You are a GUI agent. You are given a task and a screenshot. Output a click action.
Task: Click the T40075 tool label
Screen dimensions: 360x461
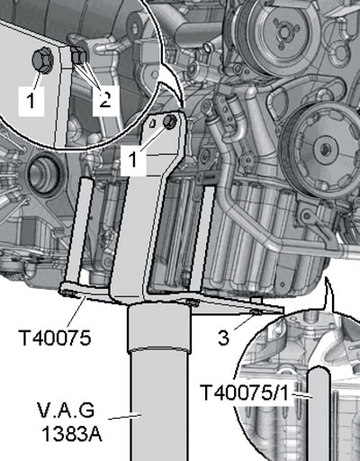(x=54, y=338)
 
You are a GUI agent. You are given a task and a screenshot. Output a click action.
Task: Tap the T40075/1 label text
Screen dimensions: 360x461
(x=245, y=393)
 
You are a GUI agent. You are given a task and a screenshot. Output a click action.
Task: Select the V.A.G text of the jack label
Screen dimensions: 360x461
(x=66, y=411)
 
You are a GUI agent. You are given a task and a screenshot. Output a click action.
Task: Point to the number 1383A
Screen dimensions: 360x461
(x=72, y=433)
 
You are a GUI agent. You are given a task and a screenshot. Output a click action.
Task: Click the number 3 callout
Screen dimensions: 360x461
(x=223, y=338)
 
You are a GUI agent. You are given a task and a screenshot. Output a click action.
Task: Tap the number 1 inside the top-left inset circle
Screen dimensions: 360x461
(x=31, y=100)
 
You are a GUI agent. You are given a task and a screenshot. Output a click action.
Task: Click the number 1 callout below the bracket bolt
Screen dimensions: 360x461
(x=132, y=159)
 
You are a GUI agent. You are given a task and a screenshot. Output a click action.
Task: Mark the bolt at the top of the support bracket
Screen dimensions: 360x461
(x=169, y=121)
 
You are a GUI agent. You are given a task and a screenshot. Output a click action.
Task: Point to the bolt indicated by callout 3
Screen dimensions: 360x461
(x=256, y=312)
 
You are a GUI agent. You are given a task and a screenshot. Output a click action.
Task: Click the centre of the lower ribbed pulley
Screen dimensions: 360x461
(x=324, y=149)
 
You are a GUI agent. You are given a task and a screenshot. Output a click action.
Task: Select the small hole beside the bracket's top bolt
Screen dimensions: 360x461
(x=153, y=123)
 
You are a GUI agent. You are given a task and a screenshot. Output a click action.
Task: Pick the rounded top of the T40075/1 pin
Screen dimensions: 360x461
(x=319, y=372)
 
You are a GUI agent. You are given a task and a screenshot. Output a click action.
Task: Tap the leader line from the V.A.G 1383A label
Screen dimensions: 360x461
(x=124, y=417)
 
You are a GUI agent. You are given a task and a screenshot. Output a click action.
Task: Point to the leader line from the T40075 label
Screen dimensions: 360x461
(x=76, y=312)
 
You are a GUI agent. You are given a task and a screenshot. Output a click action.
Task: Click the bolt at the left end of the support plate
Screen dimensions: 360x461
(x=67, y=292)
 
